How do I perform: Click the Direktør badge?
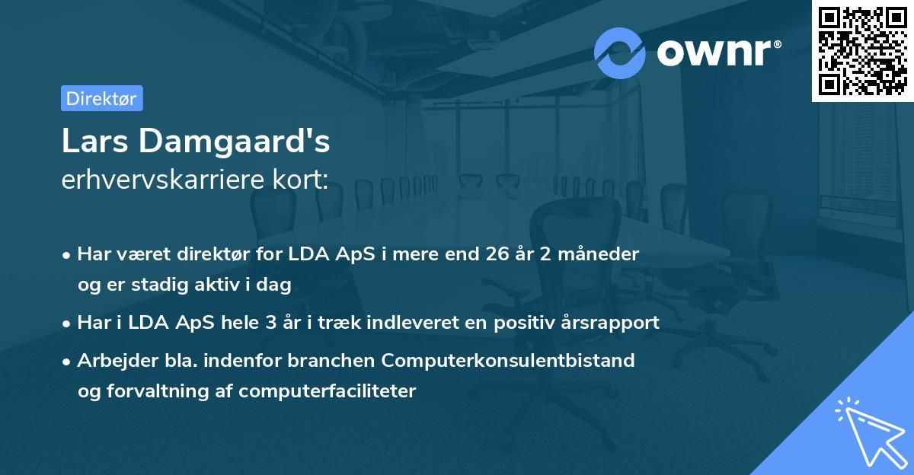pyautogui.click(x=101, y=98)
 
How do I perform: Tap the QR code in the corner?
pyautogui.click(x=862, y=50)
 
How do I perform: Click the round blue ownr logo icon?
pyautogui.click(x=620, y=53)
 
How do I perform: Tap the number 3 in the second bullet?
pyautogui.click(x=270, y=323)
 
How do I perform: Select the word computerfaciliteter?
pyautogui.click(x=327, y=391)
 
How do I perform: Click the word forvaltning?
pyautogui.click(x=161, y=391)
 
